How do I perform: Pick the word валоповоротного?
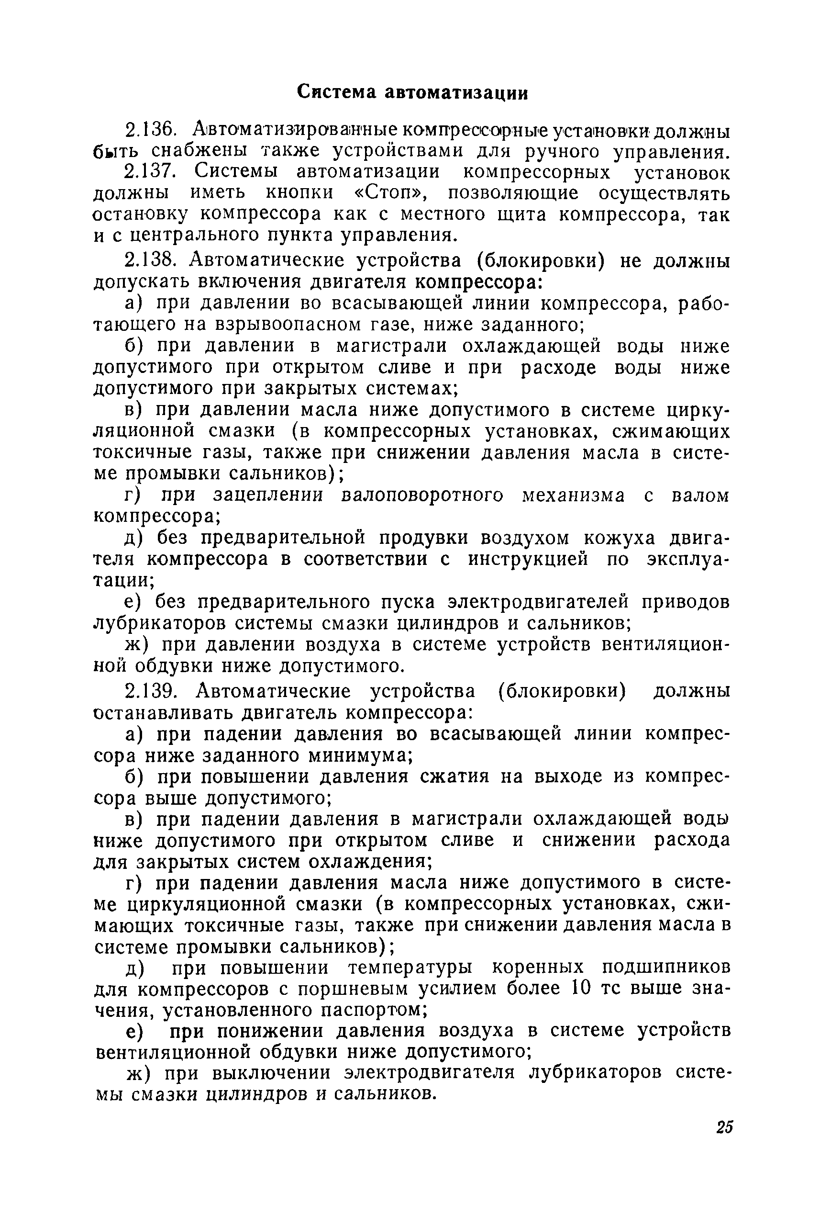coord(421,495)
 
